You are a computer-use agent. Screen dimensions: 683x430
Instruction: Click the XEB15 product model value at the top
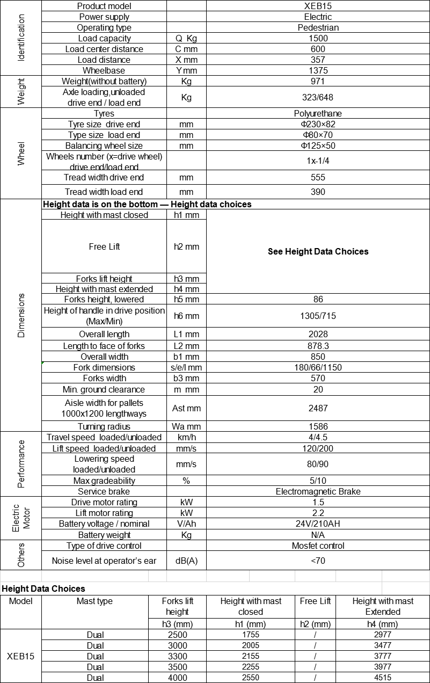pos(318,6)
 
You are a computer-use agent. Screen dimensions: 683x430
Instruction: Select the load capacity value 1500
pos(318,38)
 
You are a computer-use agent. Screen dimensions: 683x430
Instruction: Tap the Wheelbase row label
pos(104,70)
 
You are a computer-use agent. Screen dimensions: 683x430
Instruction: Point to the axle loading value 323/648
pos(318,97)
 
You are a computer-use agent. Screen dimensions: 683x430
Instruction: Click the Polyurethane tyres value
pos(318,113)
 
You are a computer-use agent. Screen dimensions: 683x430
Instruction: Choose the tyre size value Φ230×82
pos(318,124)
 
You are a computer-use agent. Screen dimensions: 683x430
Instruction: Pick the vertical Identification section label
pos(21,38)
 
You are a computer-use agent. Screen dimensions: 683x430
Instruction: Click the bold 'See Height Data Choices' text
pos(318,251)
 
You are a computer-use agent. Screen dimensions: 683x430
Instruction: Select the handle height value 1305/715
pos(318,316)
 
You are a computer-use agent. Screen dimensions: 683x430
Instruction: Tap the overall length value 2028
pos(318,334)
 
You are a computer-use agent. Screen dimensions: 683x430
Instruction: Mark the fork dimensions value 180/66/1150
pos(318,367)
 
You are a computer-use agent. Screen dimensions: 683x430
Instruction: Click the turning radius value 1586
pos(318,426)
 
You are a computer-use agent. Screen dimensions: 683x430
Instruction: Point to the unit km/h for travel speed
pos(186,437)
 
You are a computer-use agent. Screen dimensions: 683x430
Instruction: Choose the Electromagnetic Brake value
pos(318,491)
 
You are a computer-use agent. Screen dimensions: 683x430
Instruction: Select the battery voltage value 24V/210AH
pos(318,524)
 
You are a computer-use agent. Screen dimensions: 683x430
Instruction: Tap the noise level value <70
pos(318,561)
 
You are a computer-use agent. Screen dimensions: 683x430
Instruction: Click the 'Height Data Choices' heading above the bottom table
pos(43,588)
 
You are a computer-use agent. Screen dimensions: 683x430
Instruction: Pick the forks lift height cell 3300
pos(177,656)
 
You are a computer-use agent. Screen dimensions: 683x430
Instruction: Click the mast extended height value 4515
pos(383,678)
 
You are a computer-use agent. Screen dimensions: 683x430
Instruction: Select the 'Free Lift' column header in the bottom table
pos(315,601)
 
